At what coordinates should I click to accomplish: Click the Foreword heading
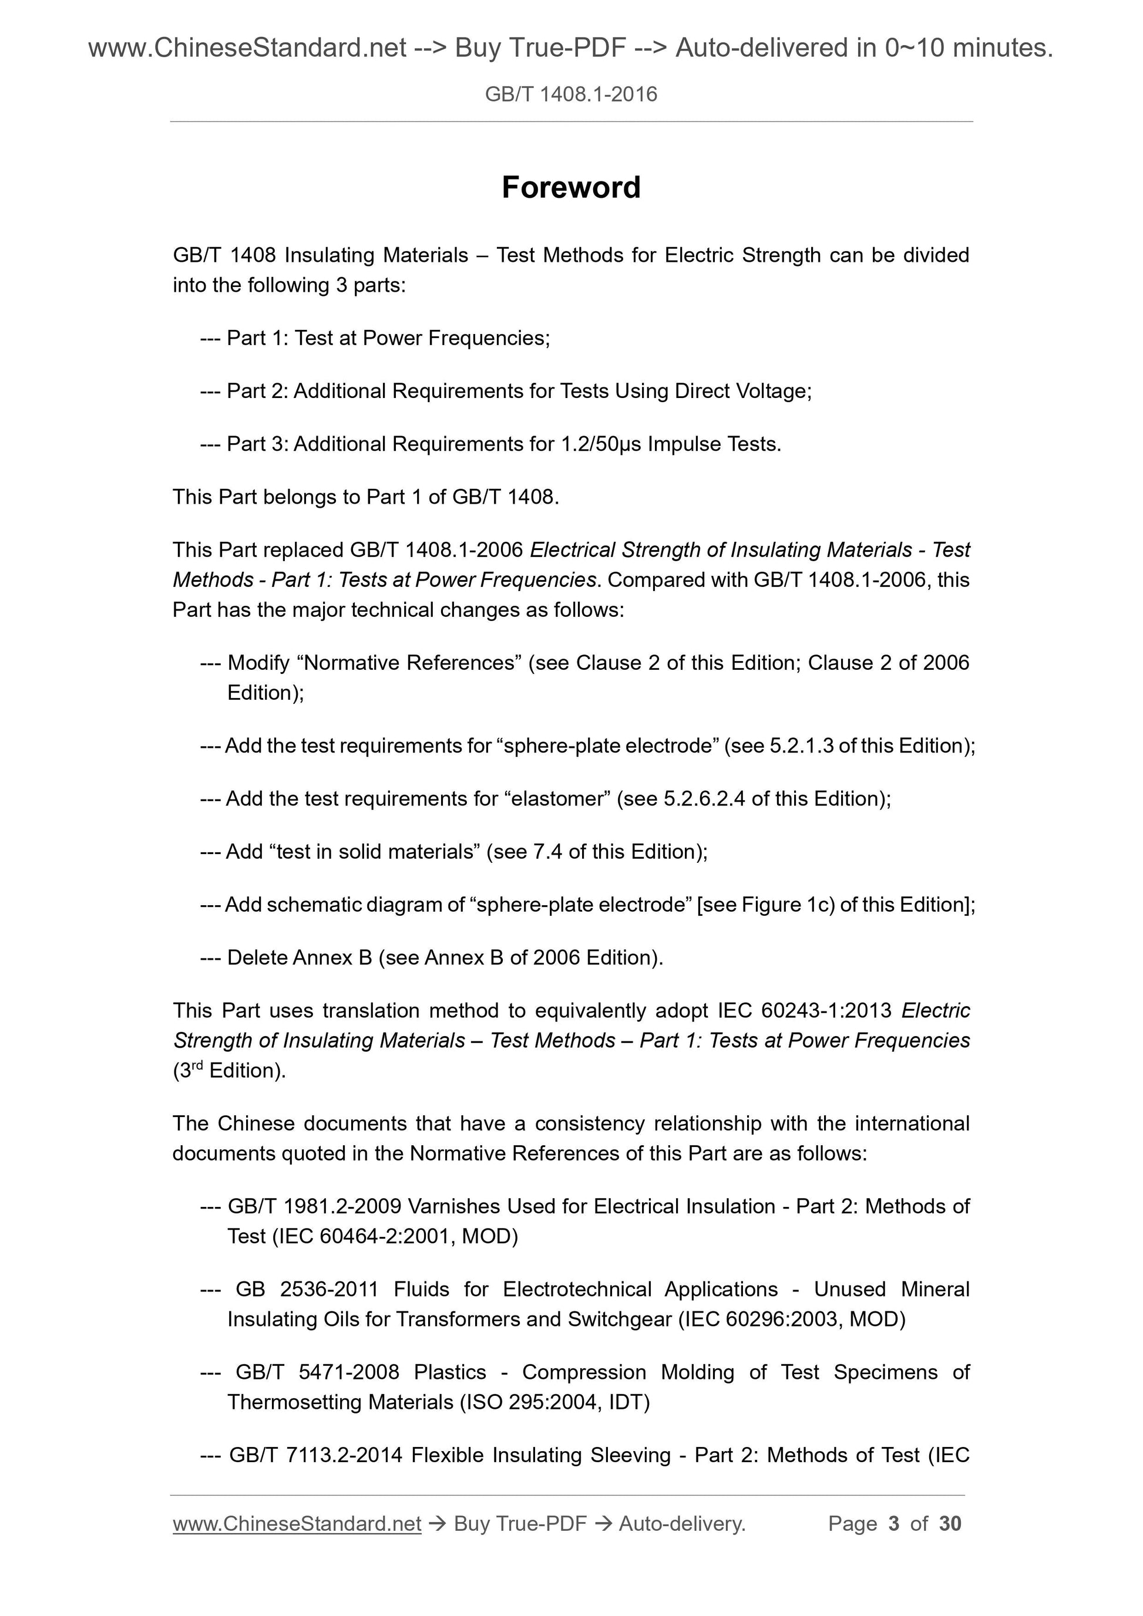570,188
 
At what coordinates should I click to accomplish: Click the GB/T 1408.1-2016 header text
570,95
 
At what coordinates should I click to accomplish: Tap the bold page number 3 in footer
894,1524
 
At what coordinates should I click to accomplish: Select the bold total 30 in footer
950,1524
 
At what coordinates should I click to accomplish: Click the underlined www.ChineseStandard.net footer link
297,1524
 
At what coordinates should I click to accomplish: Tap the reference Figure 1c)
788,905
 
